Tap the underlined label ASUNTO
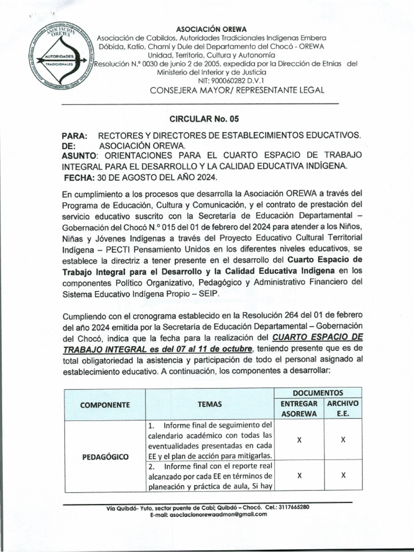[x=78, y=155]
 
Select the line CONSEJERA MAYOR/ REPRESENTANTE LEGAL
[x=237, y=90]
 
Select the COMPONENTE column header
[x=105, y=404]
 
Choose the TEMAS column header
[x=210, y=404]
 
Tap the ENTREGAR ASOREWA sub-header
[x=299, y=409]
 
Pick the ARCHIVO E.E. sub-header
[x=342, y=409]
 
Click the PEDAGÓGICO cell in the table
[x=105, y=457]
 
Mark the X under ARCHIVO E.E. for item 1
[x=343, y=440]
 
